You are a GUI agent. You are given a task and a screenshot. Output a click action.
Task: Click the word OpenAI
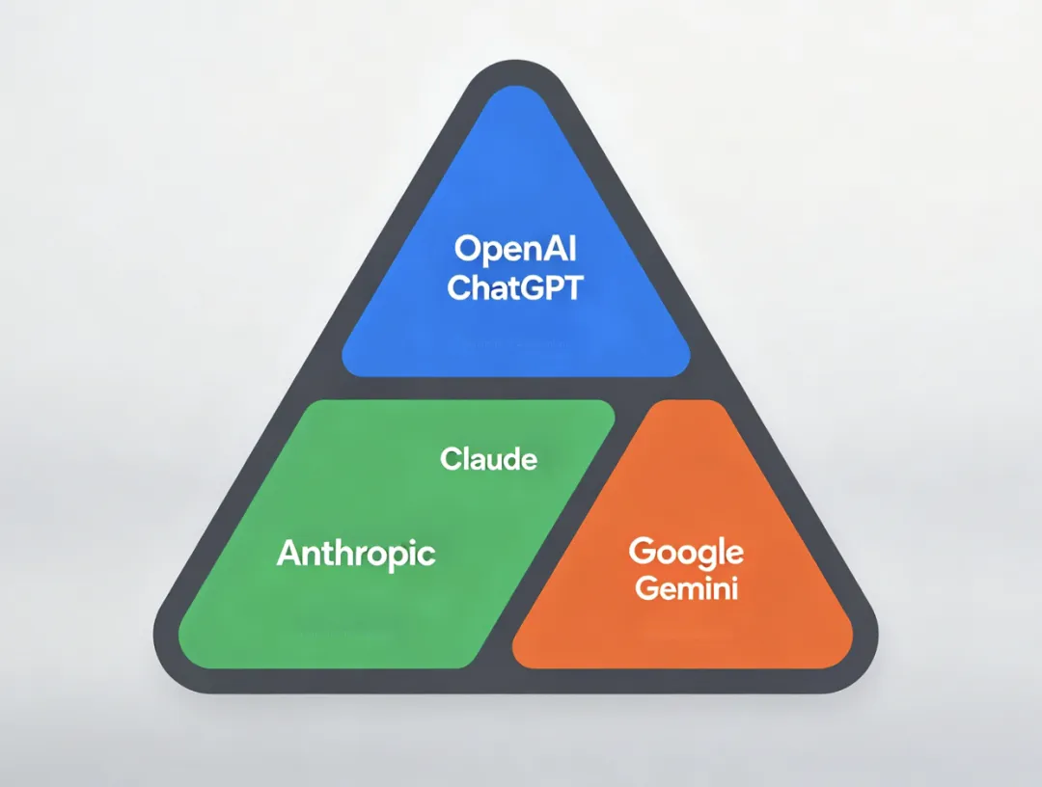click(x=516, y=249)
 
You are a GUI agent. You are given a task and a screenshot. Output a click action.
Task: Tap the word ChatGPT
click(x=516, y=287)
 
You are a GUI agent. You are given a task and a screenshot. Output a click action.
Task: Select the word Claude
click(x=488, y=459)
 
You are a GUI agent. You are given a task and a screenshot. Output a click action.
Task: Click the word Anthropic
click(x=356, y=554)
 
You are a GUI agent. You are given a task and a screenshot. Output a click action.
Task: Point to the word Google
click(x=686, y=553)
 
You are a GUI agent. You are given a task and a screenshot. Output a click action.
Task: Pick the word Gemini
click(x=686, y=587)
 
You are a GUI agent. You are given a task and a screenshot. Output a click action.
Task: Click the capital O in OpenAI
click(x=468, y=249)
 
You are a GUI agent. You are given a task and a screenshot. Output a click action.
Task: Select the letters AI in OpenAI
click(x=562, y=249)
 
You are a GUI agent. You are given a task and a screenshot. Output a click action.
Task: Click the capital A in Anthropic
click(x=289, y=554)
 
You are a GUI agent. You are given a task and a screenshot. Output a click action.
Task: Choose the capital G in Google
click(x=642, y=553)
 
